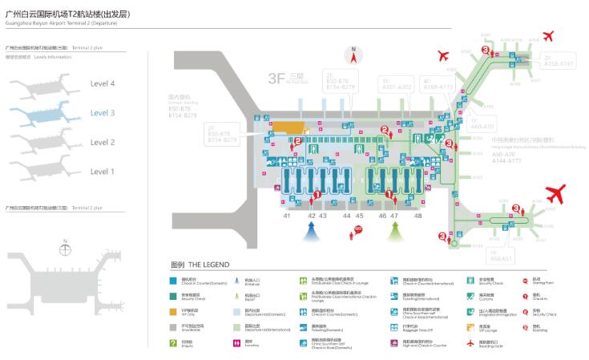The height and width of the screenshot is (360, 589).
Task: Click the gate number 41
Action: (x=286, y=216)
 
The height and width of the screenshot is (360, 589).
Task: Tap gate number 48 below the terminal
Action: (x=418, y=216)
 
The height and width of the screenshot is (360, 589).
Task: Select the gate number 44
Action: (x=347, y=216)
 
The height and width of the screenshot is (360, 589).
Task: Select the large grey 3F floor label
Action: (x=277, y=78)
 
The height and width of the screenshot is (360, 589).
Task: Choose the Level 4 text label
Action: (x=103, y=84)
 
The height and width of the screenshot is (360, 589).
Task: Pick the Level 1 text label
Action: (x=103, y=172)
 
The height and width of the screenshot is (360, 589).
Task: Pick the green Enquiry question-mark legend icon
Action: (x=173, y=343)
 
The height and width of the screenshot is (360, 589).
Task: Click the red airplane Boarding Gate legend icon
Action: (x=471, y=343)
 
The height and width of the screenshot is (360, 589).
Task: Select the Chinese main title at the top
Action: (x=67, y=14)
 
